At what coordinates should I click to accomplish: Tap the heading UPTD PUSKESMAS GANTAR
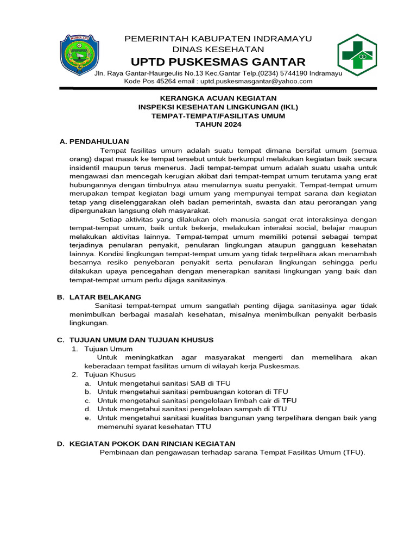pos(218,61)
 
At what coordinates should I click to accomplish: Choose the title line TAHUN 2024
pos(218,125)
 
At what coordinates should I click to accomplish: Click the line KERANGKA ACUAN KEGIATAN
pos(218,98)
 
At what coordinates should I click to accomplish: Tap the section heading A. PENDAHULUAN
pos(94,141)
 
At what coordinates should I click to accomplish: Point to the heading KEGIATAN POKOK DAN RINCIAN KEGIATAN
pos(152,444)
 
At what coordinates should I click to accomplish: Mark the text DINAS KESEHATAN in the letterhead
pos(218,49)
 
